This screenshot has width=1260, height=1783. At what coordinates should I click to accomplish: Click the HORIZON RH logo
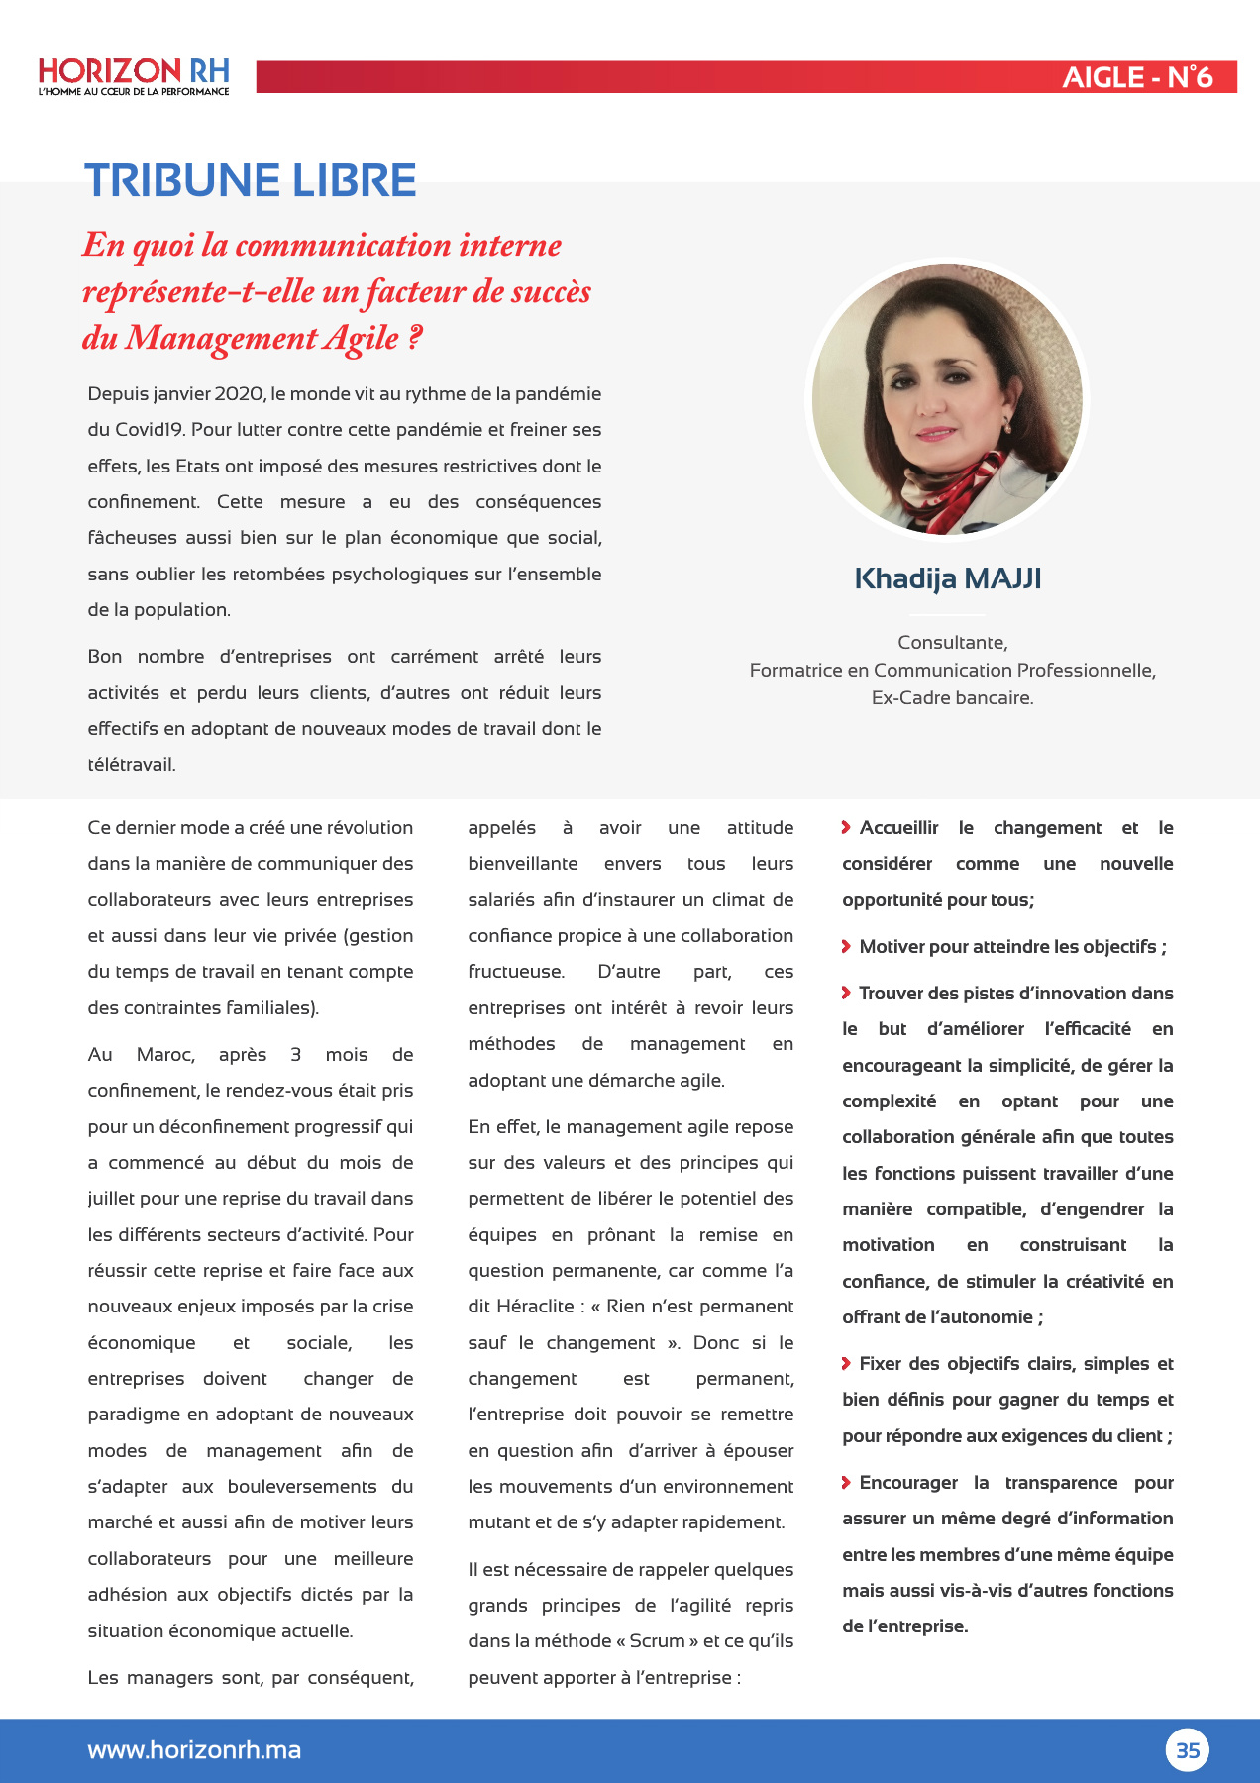pyautogui.click(x=134, y=72)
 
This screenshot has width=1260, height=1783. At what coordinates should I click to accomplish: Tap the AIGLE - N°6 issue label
pyautogui.click(x=1136, y=77)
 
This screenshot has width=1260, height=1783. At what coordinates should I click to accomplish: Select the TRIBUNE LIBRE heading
pyautogui.click(x=251, y=180)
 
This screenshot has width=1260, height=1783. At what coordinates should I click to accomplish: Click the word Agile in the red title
pyautogui.click(x=361, y=338)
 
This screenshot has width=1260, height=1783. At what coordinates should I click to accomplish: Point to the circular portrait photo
pyautogui.click(x=947, y=399)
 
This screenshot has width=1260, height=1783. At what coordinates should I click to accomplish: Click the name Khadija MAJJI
pyautogui.click(x=947, y=578)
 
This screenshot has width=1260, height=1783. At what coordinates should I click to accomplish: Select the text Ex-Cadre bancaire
pyautogui.click(x=952, y=698)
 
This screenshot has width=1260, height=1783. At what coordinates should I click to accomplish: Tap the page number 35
pyautogui.click(x=1187, y=1750)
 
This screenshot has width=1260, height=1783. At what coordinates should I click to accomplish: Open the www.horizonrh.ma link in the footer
pyautogui.click(x=194, y=1750)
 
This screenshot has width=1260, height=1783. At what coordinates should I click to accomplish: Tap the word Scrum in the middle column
pyautogui.click(x=657, y=1641)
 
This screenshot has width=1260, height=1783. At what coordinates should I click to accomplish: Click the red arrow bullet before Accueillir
pyautogui.click(x=846, y=827)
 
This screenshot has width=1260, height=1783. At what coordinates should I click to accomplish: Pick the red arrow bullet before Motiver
pyautogui.click(x=846, y=946)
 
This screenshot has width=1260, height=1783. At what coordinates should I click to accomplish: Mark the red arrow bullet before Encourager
pyautogui.click(x=846, y=1482)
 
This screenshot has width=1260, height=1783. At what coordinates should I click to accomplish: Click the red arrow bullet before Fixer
pyautogui.click(x=846, y=1363)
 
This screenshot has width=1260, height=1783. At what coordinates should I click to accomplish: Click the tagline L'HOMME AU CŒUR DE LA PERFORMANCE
pyautogui.click(x=134, y=92)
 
